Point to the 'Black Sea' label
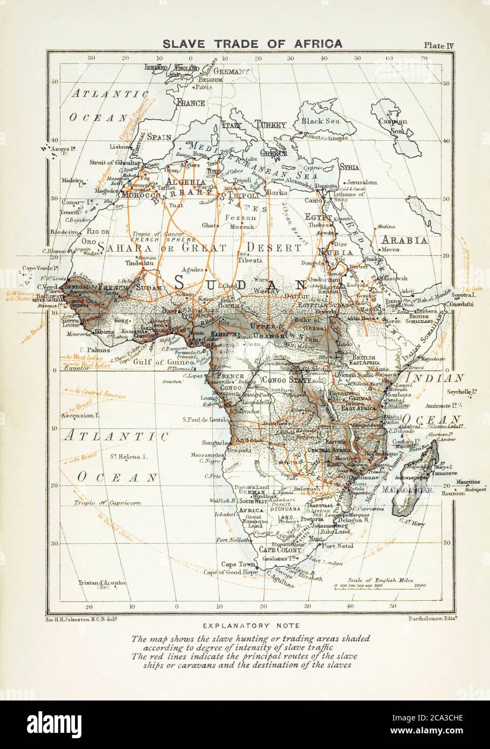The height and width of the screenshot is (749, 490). (x=322, y=121)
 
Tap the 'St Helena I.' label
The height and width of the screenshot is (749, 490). (x=129, y=456)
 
